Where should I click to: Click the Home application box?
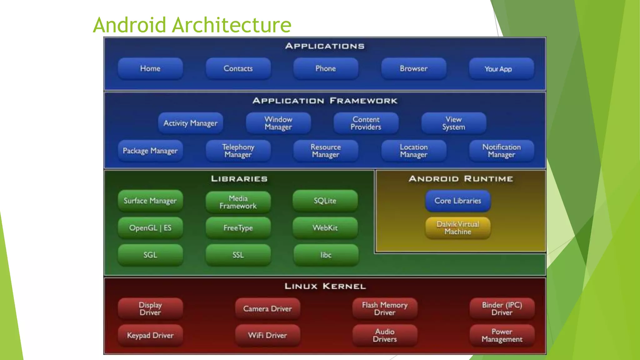(150, 68)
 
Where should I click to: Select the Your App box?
(501, 69)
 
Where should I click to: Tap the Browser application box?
(413, 68)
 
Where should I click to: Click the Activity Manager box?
(190, 123)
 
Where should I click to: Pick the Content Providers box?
(366, 123)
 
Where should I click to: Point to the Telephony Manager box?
(238, 151)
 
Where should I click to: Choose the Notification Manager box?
(501, 151)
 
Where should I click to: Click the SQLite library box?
(325, 201)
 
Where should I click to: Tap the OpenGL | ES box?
(150, 228)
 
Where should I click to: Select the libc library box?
(326, 255)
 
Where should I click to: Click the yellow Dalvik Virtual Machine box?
(458, 228)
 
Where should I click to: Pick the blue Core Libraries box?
(458, 201)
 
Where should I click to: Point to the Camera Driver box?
(267, 309)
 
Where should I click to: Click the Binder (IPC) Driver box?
(502, 309)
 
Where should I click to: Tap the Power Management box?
(502, 335)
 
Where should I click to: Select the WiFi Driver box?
(267, 335)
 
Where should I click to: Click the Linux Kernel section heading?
(325, 286)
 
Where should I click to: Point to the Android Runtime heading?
(461, 179)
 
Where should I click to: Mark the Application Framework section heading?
(325, 101)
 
